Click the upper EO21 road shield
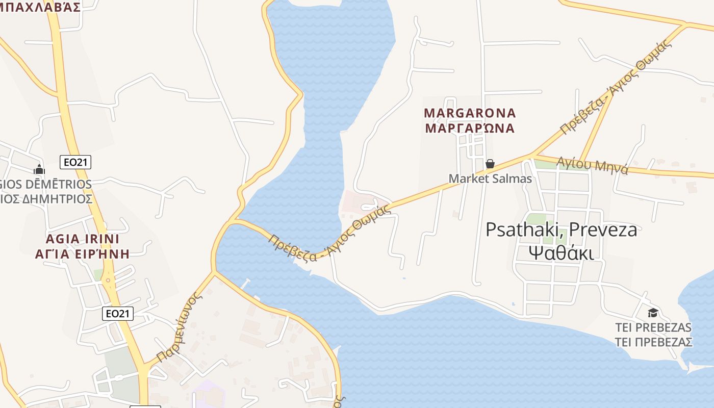coord(75,162)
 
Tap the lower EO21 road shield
coord(118,313)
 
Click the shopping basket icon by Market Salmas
coord(490,164)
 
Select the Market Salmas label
coord(490,178)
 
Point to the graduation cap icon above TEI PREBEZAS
coord(653,313)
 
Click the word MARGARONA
coord(470,113)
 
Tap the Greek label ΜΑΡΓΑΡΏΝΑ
coord(470,128)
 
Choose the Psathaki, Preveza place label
coord(561,229)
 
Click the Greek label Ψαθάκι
coord(561,252)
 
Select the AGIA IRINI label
coord(82,239)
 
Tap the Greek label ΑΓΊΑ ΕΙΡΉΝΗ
coord(82,253)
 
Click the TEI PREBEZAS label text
coord(653,327)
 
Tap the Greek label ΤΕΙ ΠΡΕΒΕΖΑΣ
coord(653,342)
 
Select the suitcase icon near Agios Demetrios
coord(39,169)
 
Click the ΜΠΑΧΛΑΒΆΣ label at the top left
coord(41,7)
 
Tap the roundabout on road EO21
coord(107,279)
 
